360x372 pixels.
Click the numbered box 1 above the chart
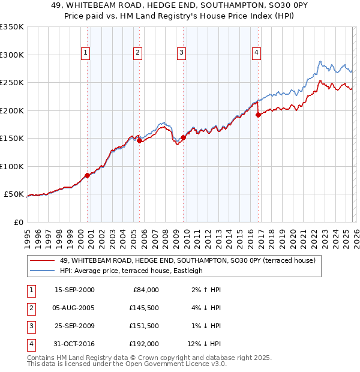pos(86,53)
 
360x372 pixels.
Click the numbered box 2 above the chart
pos(138,53)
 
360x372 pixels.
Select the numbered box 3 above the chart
pos(181,53)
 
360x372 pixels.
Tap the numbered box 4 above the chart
pos(256,53)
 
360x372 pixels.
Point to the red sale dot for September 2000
pos(87,175)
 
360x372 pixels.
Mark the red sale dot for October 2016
pos(258,115)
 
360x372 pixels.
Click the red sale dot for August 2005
pos(139,141)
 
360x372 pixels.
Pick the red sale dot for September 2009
pos(183,137)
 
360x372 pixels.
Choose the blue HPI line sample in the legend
pos(42,271)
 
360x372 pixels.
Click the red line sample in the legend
pos(42,260)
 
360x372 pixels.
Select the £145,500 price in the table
pos(144,308)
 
